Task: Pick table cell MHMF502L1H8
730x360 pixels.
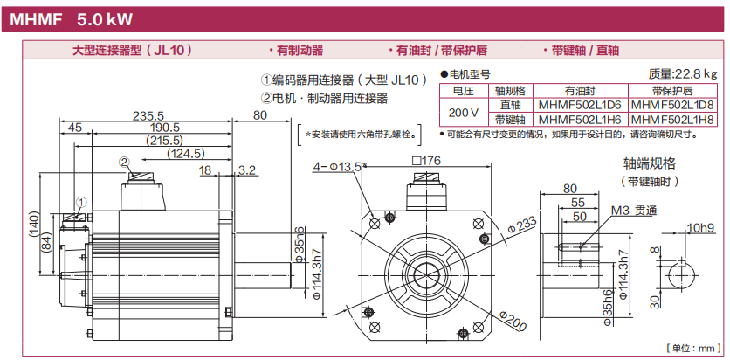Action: click(671, 119)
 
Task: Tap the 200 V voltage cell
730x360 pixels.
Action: click(463, 112)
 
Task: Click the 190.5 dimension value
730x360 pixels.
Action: click(160, 128)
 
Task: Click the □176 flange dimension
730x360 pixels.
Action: click(428, 161)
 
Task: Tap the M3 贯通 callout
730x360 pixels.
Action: click(633, 211)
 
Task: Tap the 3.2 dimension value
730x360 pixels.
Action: click(246, 170)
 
